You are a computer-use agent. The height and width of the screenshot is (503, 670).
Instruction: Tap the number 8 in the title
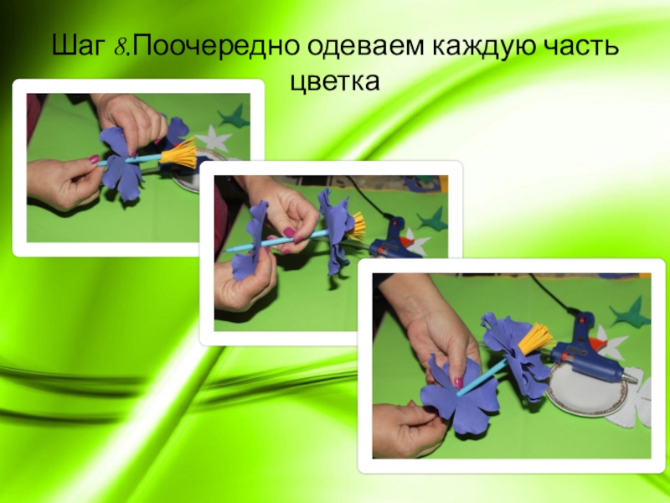click(119, 46)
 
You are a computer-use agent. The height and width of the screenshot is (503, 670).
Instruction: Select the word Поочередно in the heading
click(215, 45)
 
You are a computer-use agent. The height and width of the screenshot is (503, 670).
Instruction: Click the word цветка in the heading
click(335, 80)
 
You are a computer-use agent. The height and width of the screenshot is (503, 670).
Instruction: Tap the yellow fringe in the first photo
click(179, 154)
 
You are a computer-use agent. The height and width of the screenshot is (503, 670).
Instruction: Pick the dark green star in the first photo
click(234, 116)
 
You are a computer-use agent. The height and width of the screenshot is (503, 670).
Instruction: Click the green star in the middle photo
click(431, 219)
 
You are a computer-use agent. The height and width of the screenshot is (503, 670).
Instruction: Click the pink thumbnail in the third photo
click(458, 382)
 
